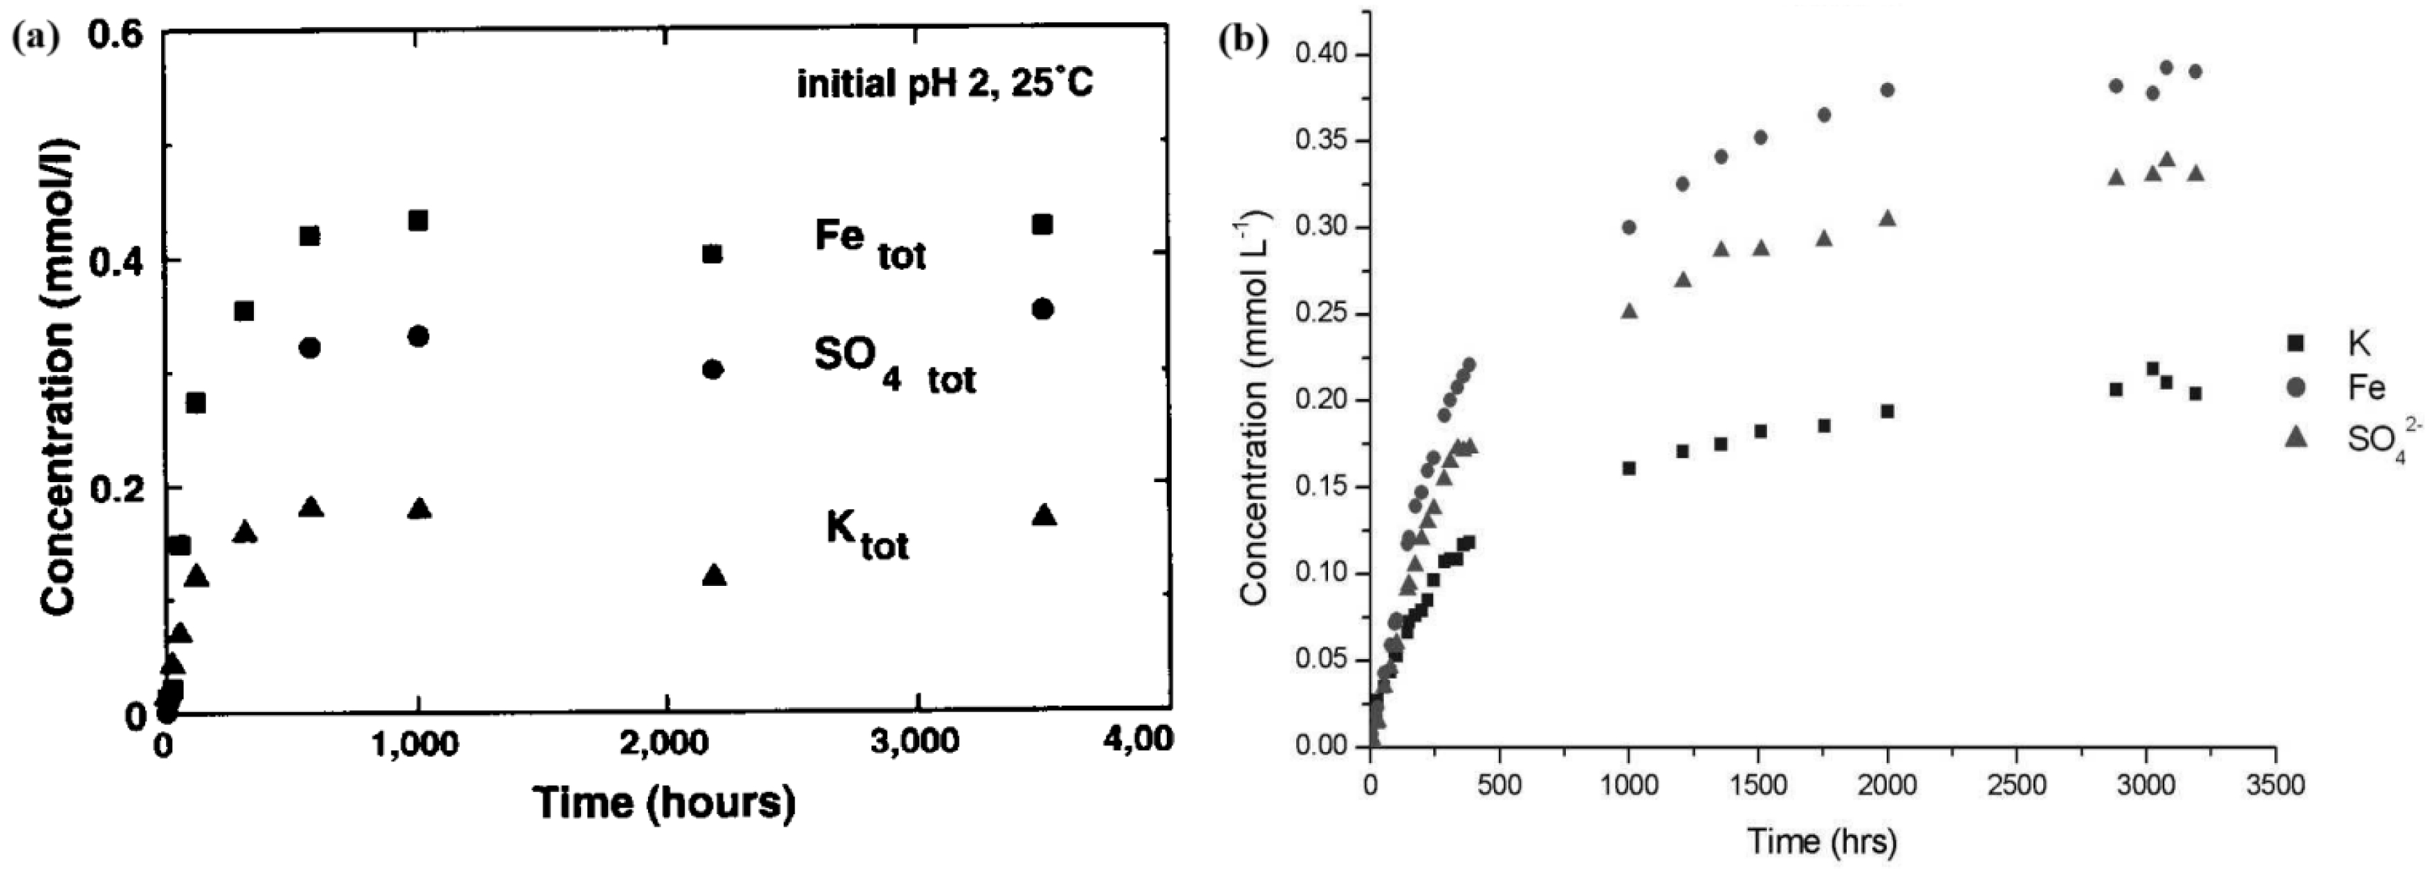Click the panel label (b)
coord(1243,42)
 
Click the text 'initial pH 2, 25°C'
coord(945,84)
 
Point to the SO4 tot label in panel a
coord(894,366)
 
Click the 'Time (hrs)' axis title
coord(1820,840)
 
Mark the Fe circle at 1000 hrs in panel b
coord(1628,227)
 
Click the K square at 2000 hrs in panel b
coord(1888,412)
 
